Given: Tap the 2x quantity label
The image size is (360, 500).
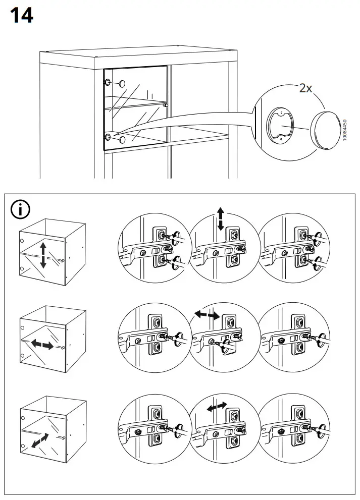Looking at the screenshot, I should point(306,88).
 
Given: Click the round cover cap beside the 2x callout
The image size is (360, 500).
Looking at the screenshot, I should point(327,129).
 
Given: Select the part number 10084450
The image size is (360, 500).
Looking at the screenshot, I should point(344,130).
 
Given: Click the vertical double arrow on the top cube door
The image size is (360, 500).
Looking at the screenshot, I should point(43,254).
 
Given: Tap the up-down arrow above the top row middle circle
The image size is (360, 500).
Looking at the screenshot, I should point(221,219).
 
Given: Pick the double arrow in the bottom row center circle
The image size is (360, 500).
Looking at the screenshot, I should point(217,406).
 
